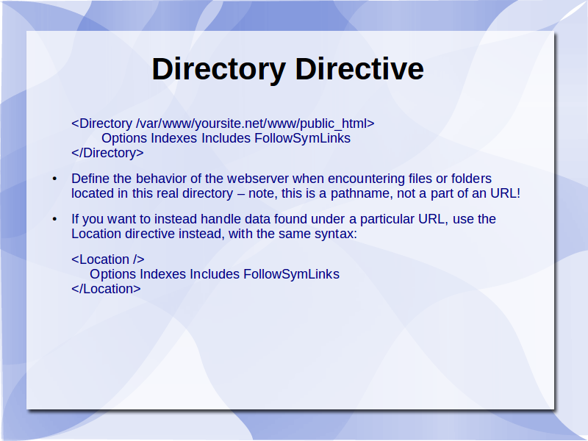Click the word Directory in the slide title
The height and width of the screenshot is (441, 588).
pos(218,70)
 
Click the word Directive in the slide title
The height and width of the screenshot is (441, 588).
pos(359,68)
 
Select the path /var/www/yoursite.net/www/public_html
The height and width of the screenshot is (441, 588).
pos(251,123)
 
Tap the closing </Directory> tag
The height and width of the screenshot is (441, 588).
pos(107,153)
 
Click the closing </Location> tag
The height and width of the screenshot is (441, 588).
pos(106,289)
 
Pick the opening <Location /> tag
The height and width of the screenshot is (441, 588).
pos(108,259)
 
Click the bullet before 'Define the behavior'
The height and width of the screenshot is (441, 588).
pos(54,179)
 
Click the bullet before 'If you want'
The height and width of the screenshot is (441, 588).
pos(54,219)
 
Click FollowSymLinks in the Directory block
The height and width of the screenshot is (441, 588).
pos(303,138)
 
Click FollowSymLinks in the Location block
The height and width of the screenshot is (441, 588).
pos(291,274)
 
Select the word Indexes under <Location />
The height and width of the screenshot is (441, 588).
pos(162,274)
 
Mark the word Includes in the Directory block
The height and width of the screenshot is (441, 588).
pos(226,138)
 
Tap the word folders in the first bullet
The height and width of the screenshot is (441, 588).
pos(471,179)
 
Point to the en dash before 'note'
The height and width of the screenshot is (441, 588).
pos(241,194)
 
